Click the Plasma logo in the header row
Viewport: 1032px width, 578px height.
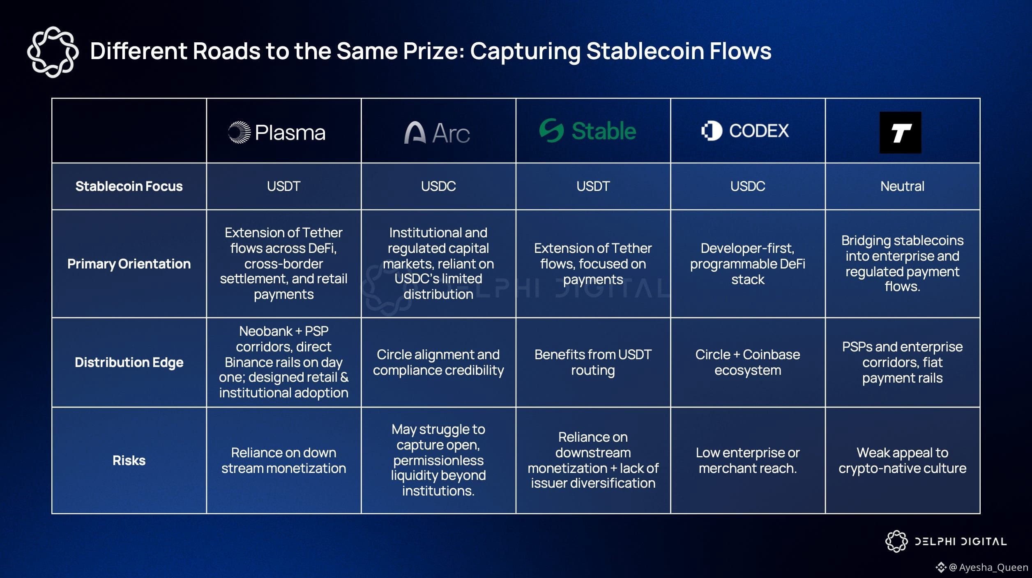277,132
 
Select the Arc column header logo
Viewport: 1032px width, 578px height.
437,132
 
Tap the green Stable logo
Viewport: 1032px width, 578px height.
587,131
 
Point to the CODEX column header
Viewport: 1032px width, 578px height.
745,131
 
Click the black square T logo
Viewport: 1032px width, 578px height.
900,133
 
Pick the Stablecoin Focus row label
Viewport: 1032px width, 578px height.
129,186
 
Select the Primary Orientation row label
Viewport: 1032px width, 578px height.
129,264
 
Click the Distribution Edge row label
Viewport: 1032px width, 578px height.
129,362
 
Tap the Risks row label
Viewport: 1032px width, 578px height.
129,460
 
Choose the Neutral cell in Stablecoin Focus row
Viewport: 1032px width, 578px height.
902,186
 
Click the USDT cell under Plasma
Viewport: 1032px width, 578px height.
283,186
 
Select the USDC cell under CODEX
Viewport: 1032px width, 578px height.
748,186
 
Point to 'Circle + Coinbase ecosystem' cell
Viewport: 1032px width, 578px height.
748,362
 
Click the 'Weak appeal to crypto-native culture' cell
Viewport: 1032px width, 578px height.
902,460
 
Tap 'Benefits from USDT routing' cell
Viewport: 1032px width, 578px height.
593,362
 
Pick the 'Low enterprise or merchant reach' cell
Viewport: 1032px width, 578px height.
748,460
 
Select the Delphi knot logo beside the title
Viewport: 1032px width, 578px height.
53,52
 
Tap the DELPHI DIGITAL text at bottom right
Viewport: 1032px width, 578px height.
961,541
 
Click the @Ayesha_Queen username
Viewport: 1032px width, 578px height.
989,567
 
